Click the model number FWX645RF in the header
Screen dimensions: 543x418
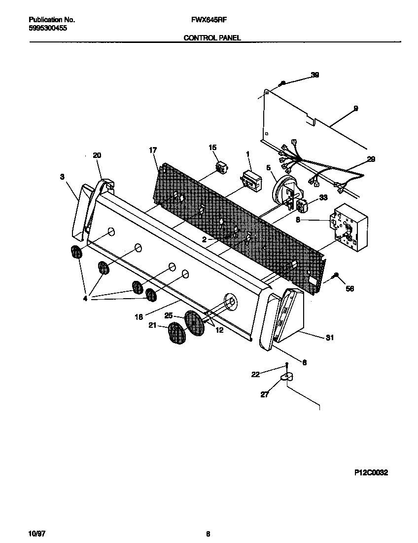(205, 20)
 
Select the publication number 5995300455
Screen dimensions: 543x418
(48, 29)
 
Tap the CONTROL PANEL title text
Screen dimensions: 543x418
(212, 38)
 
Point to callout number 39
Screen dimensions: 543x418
(315, 75)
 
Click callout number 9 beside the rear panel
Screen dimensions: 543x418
(355, 108)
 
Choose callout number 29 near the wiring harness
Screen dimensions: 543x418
(371, 159)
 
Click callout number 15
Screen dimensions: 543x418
(212, 147)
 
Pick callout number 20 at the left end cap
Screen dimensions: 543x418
(97, 155)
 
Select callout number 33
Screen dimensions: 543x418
(323, 197)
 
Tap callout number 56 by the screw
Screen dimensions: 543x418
(349, 288)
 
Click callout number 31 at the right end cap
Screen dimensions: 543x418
(330, 338)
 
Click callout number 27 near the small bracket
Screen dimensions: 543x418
(265, 394)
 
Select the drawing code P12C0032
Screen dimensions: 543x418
(371, 472)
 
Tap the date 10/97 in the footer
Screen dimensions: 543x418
(36, 534)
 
